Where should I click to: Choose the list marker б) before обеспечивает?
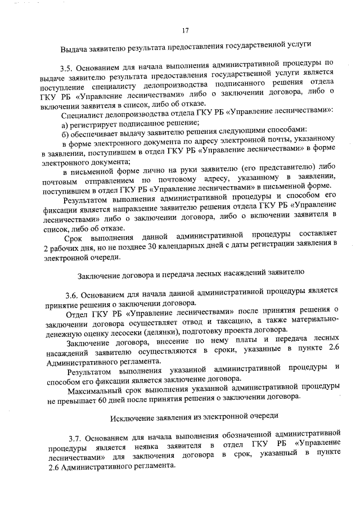pos(65,129)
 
